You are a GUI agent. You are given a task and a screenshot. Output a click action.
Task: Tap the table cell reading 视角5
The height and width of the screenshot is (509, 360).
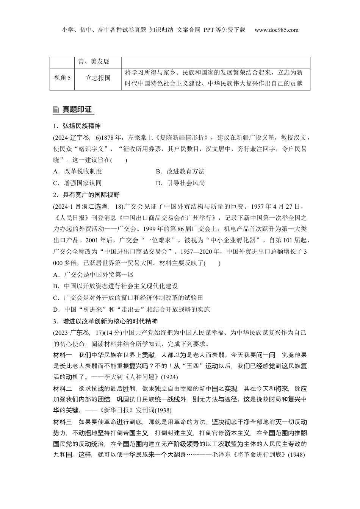coord(62,78)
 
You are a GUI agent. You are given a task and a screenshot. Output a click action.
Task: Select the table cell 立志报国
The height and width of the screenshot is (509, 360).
coord(98,78)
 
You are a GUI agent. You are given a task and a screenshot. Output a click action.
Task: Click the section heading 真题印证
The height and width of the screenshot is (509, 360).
coord(77,110)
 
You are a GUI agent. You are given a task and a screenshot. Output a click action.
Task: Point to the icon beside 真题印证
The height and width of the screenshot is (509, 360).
coord(56,110)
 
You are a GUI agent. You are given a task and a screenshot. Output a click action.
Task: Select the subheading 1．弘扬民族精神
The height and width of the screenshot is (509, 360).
coord(77,126)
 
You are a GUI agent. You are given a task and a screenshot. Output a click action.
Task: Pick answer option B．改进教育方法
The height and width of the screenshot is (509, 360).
coord(180,171)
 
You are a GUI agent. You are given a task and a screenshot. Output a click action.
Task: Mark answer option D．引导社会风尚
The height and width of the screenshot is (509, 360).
coord(180,183)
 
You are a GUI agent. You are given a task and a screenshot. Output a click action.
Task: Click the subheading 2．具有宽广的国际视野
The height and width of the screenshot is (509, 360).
coord(86,195)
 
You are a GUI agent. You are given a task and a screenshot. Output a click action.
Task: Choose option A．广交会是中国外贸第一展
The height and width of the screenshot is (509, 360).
coord(93,275)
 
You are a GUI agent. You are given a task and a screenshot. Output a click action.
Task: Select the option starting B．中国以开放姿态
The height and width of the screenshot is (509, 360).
coord(115,286)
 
